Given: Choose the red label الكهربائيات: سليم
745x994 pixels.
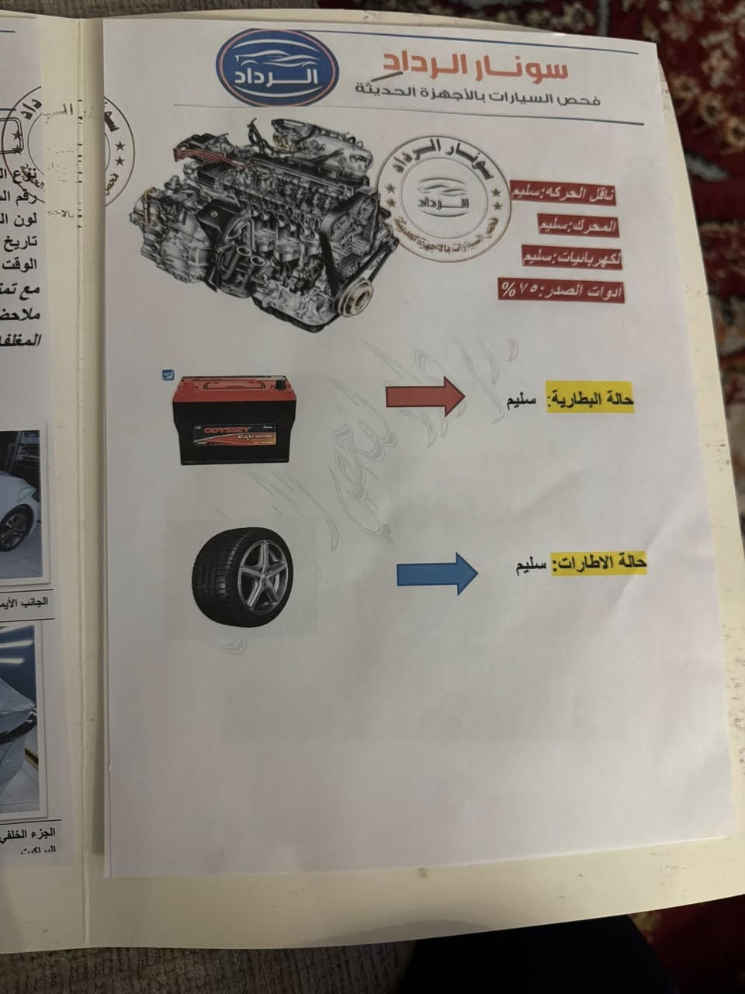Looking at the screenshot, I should coord(573,259).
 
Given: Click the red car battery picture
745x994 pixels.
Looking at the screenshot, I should coord(230,419).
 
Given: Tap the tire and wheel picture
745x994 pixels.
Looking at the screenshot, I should coord(243,575).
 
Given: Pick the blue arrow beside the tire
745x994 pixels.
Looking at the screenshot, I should coord(435,574).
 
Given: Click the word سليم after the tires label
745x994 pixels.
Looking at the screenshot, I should coord(530,565).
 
